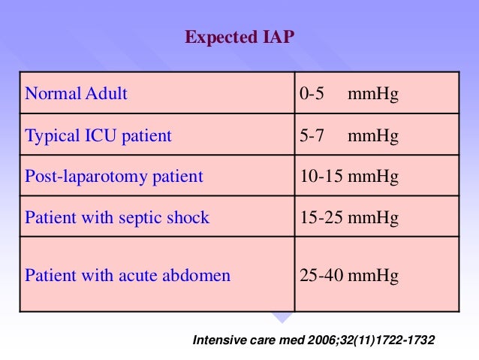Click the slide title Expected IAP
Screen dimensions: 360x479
click(x=239, y=37)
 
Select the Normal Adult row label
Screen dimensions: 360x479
click(x=77, y=95)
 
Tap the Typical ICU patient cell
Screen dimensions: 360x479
click(x=98, y=136)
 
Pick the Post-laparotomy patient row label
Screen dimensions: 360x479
click(x=114, y=177)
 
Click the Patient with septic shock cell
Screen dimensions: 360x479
click(x=117, y=218)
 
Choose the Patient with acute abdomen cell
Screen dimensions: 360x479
click(x=128, y=275)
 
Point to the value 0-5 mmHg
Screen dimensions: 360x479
click(x=348, y=95)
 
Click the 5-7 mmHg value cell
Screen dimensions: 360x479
click(x=348, y=136)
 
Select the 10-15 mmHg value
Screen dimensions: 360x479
click(x=348, y=177)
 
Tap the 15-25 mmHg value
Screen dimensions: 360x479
click(x=348, y=218)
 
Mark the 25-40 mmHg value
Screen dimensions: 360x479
click(x=348, y=275)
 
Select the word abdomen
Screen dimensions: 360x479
click(x=200, y=275)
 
